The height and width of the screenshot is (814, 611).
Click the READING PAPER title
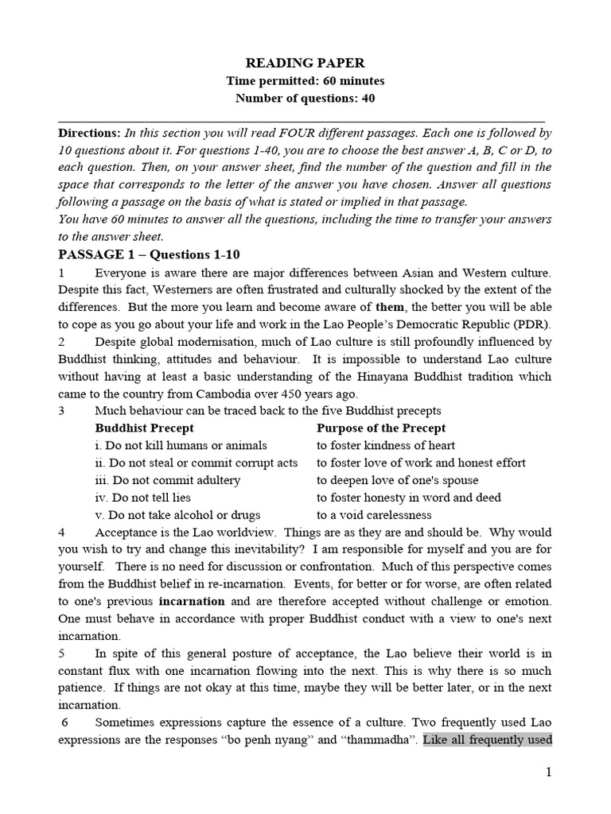coord(305,63)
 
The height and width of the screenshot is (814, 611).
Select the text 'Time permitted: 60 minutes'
coord(305,81)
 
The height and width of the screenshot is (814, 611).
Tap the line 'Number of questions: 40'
coord(305,99)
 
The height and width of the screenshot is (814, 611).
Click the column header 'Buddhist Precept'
coord(141,428)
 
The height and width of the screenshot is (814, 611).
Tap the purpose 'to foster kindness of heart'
coord(386,446)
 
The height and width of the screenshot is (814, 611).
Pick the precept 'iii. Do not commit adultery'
coord(167,480)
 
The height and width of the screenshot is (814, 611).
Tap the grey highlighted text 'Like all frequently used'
coord(488,740)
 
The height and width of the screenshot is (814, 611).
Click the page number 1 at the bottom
coord(548,772)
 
